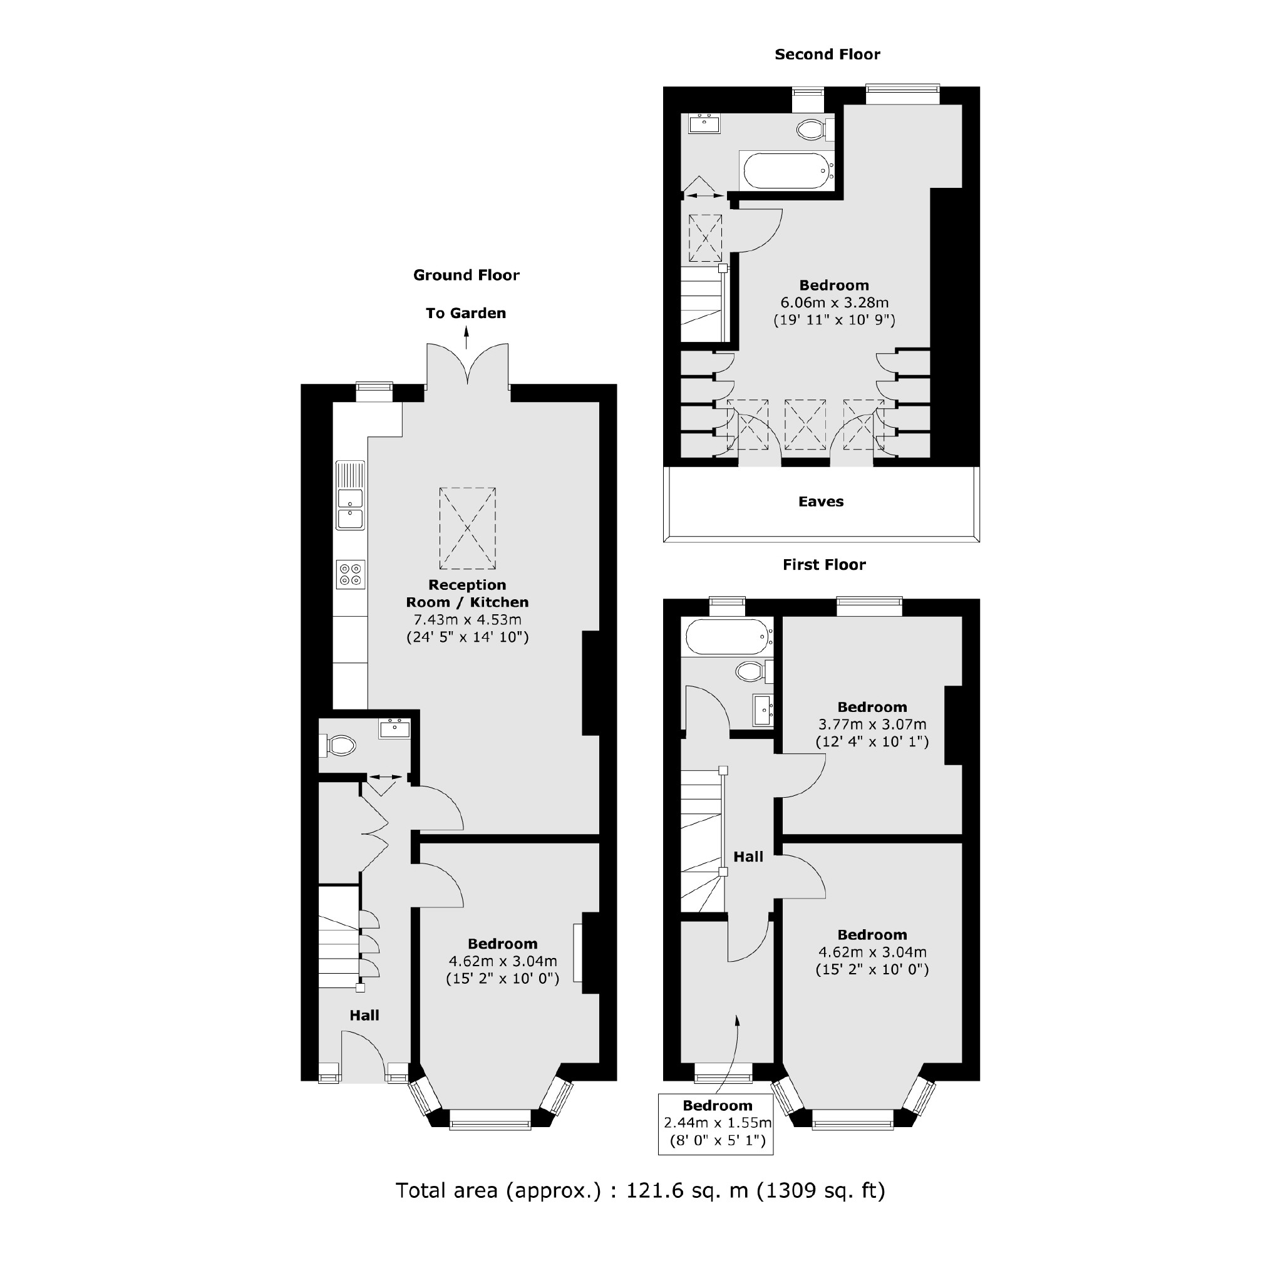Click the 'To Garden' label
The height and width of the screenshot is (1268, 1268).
coord(465,313)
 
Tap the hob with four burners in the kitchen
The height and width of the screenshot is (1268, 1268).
coord(350,574)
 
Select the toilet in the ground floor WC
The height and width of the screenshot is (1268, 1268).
coord(339,745)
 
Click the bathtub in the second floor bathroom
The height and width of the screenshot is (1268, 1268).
coord(786,171)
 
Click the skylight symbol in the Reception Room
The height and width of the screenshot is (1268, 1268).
coord(467,528)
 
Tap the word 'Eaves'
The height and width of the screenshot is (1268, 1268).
coord(820,502)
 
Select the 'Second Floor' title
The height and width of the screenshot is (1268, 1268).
coord(827,54)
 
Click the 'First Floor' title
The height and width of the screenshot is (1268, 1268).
coord(823,564)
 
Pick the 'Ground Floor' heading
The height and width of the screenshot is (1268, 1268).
coord(466,275)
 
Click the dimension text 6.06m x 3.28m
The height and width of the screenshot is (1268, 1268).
coord(833,302)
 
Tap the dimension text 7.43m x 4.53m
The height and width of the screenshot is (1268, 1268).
coord(467,619)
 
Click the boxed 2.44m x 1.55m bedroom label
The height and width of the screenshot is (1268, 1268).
coord(717,1123)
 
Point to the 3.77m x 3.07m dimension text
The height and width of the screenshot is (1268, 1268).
coord(872,724)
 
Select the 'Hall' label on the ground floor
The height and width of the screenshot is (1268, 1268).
coord(364,1015)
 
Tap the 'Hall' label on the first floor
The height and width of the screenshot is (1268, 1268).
coord(748,857)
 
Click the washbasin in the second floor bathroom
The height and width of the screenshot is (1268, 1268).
coord(705,123)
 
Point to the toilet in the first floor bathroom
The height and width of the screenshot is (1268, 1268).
coord(750,671)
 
